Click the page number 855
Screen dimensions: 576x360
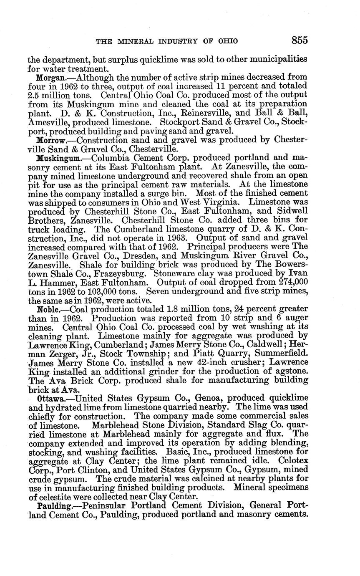pos(300,40)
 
